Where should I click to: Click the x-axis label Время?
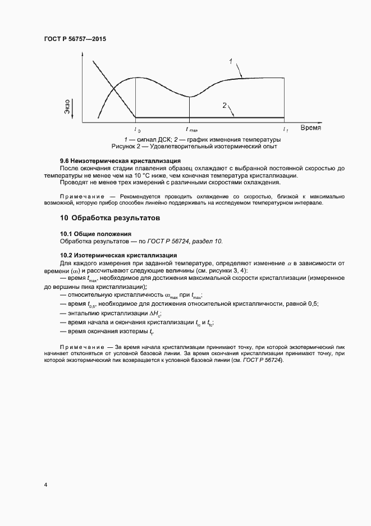[310, 128]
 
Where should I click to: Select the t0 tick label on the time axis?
[138, 129]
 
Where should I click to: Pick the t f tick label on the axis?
[285, 129]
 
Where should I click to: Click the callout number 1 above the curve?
[231, 60]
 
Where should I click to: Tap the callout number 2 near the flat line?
[225, 105]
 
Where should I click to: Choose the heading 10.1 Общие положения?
[95, 233]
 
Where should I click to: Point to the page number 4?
[45, 484]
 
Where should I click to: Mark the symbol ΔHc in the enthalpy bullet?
[155, 313]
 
